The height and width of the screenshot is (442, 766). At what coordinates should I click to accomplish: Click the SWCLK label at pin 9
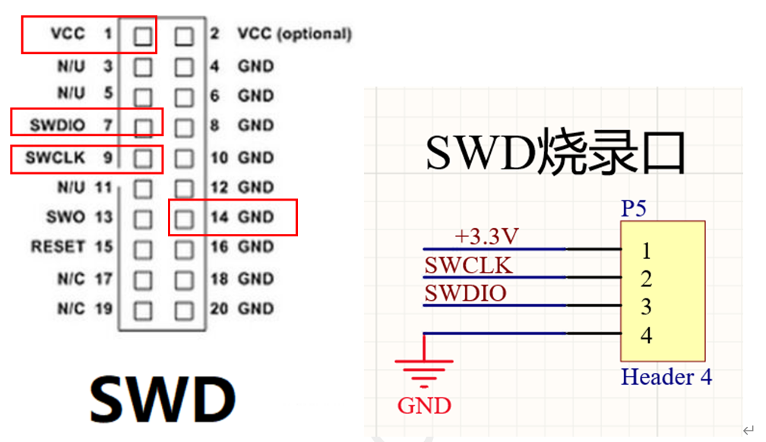pos(54,158)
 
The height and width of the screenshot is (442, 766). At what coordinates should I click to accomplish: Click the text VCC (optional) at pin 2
pos(294,34)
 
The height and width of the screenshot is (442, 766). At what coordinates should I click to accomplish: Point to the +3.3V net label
pos(486,237)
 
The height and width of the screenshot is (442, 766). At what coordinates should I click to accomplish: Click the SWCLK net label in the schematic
pos(468,266)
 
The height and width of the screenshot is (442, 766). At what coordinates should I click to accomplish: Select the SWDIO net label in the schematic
pos(465,293)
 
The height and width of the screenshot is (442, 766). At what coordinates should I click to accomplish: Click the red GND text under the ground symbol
pos(424,405)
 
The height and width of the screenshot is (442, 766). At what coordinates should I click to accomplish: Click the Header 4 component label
pos(666,377)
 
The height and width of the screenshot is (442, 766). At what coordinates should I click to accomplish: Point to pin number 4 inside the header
pos(646,335)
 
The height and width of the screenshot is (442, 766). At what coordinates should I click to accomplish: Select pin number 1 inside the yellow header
pos(646,250)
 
